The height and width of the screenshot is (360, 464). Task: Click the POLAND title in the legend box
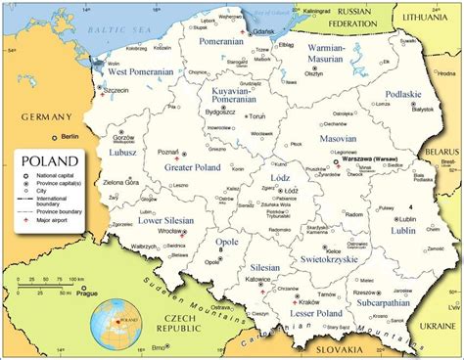[x=44, y=161]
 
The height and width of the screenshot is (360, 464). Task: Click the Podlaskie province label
[x=402, y=95]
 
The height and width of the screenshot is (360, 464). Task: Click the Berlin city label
[x=68, y=136]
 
